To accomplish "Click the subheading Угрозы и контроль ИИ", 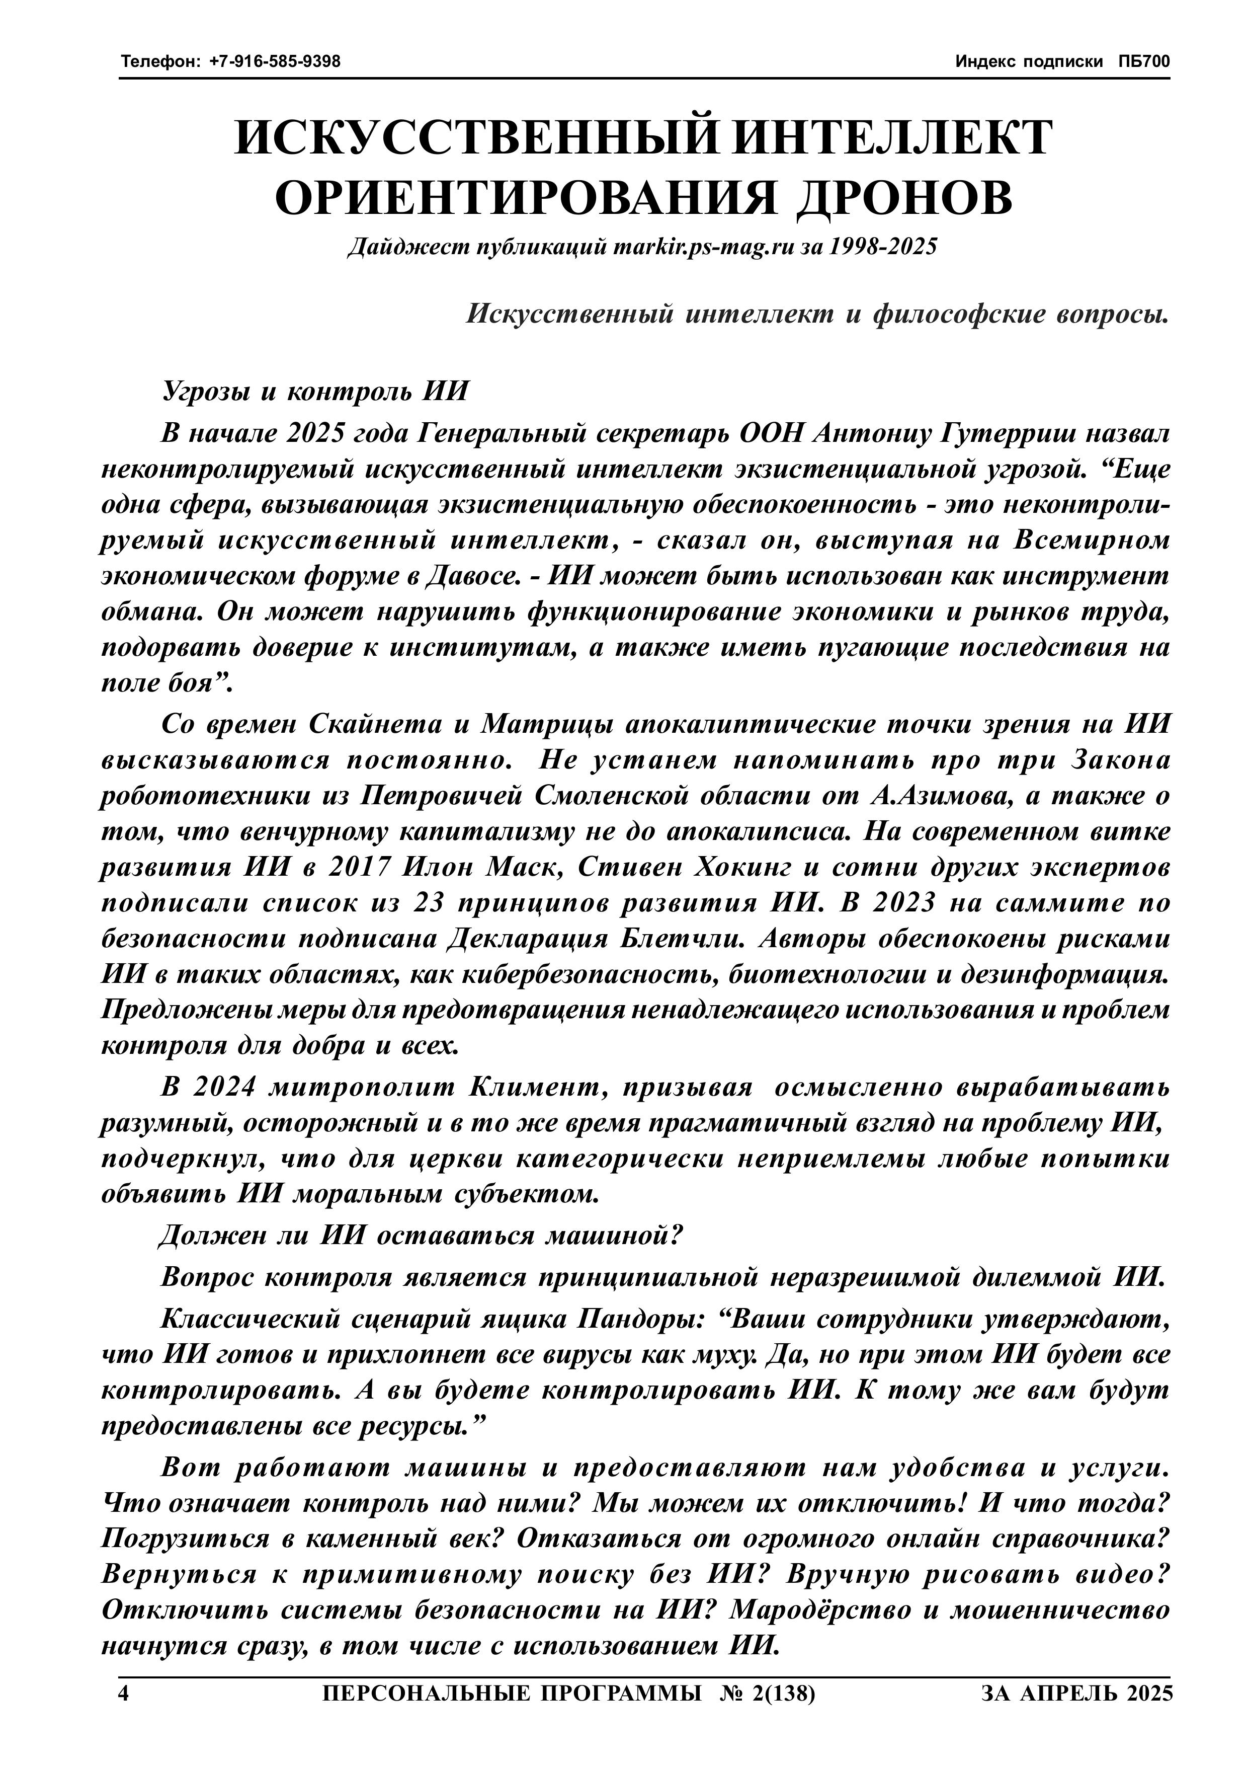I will [x=314, y=391].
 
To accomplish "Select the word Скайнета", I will [x=388, y=725].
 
